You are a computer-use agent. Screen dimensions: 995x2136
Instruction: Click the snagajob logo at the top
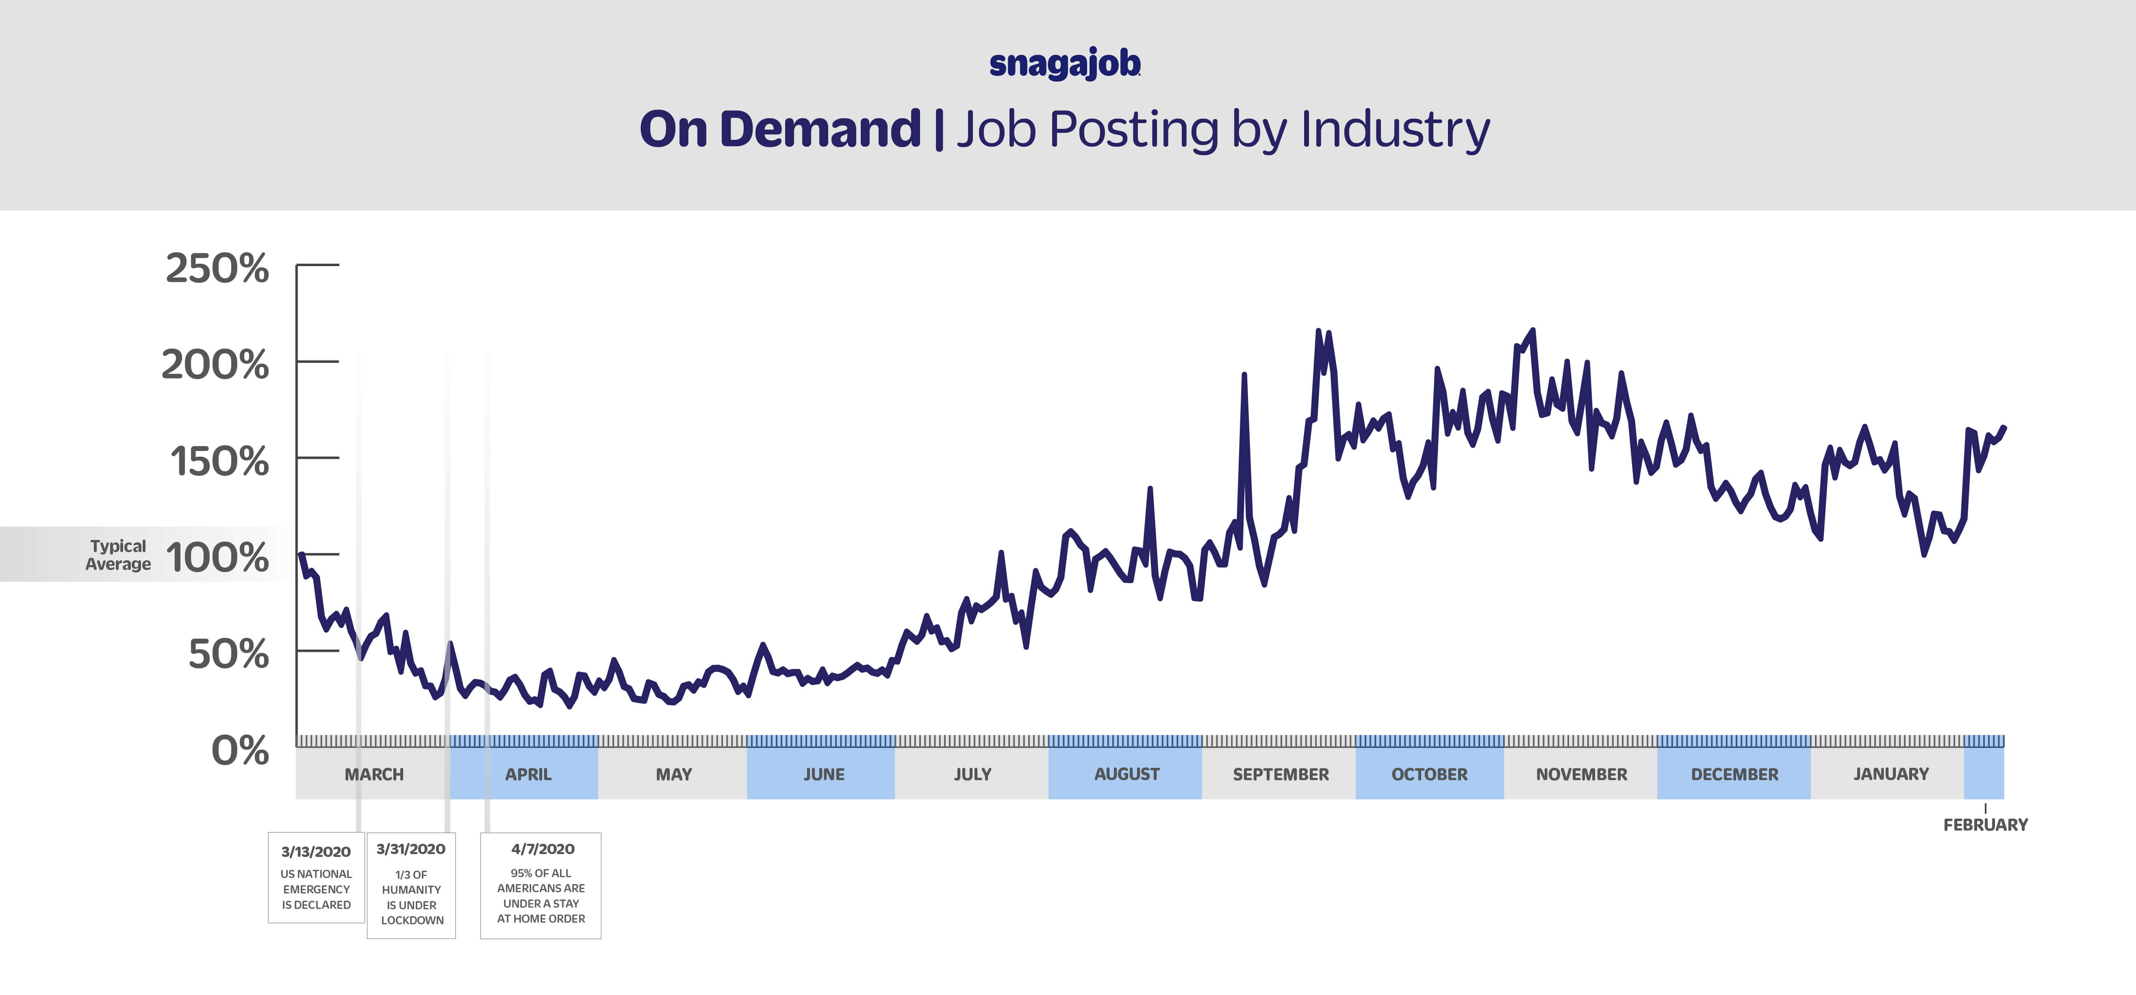1065,64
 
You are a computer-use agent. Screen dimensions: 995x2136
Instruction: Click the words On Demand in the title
779,130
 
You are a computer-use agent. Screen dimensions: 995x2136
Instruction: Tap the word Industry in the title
1395,130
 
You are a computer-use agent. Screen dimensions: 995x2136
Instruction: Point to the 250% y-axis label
217,269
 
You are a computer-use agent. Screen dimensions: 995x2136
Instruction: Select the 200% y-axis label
215,365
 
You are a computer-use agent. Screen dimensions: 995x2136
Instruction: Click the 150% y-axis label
220,461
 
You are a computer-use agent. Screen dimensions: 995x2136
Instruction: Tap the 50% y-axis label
229,654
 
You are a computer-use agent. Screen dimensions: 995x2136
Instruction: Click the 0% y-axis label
241,750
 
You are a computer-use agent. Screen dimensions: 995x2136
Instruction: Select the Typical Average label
119,555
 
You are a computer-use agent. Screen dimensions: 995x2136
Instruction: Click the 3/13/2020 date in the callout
316,852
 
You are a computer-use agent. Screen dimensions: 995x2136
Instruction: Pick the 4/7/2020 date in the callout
542,849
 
